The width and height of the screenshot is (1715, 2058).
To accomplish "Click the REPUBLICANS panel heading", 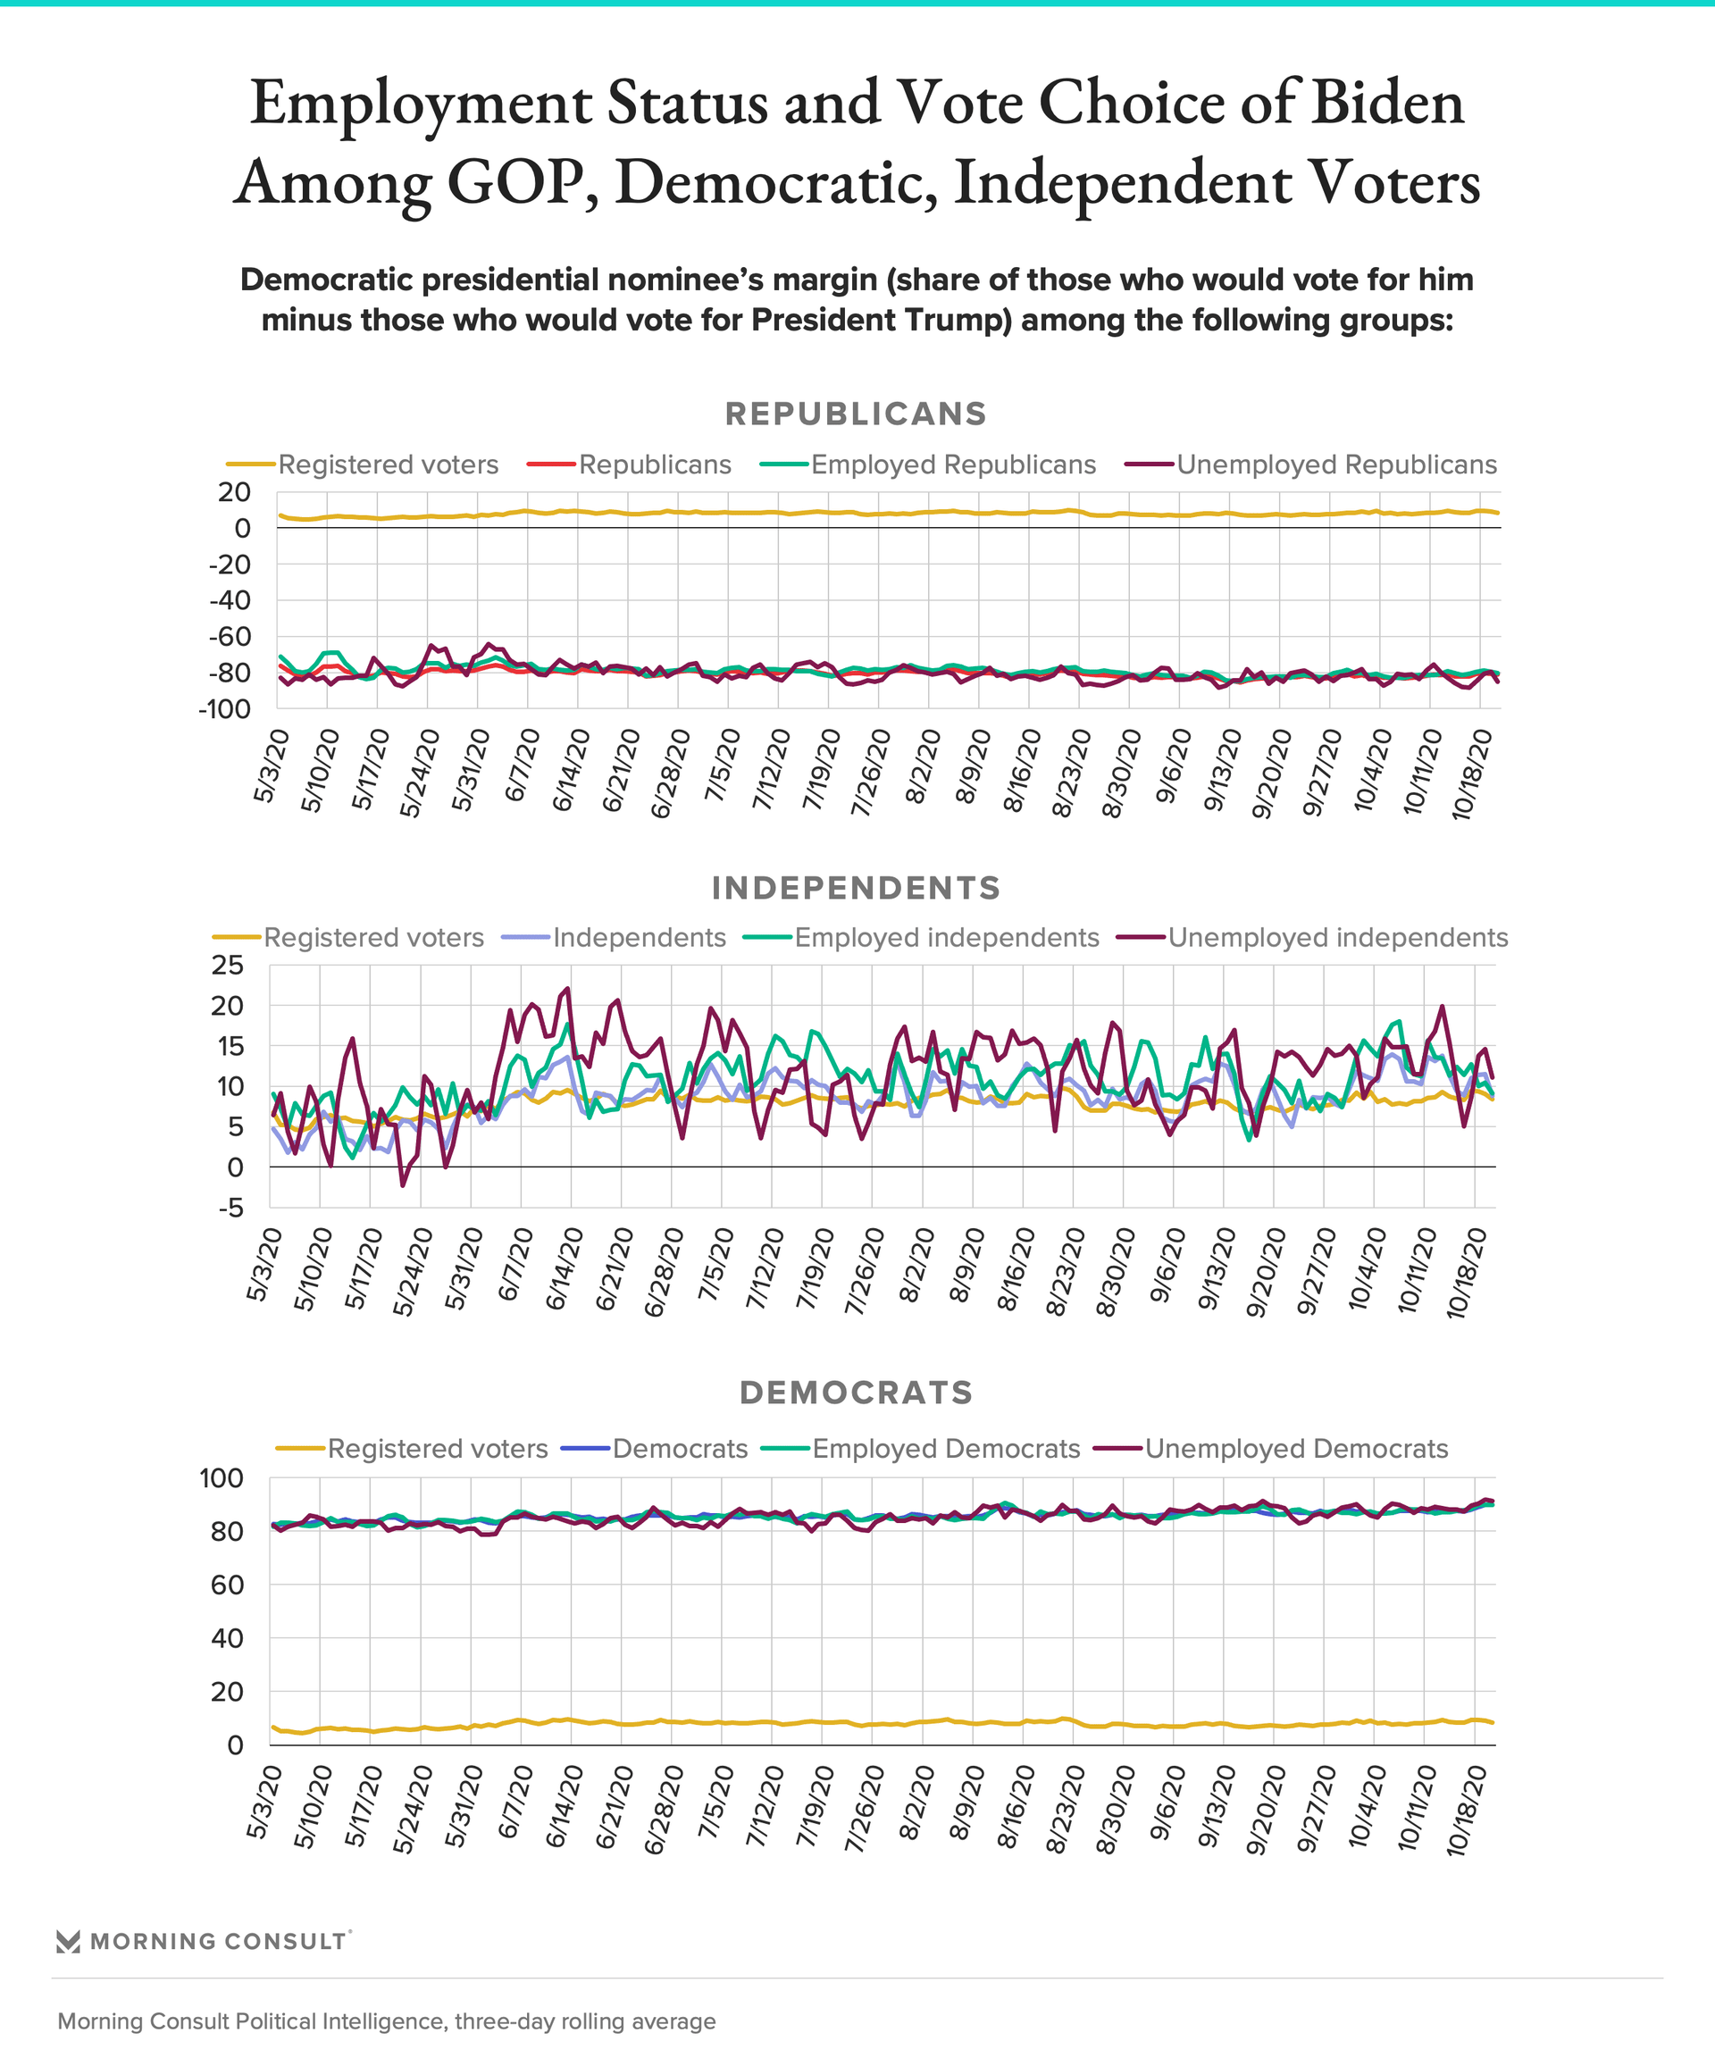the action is [856, 414].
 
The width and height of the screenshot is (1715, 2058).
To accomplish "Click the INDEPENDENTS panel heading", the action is [856, 888].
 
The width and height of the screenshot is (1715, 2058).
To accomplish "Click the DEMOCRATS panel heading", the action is [856, 1393].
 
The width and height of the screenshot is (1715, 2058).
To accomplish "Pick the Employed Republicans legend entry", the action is [928, 464].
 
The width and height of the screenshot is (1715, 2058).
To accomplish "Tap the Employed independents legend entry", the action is [921, 938].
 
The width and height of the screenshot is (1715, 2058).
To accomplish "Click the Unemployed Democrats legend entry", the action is [1271, 1449].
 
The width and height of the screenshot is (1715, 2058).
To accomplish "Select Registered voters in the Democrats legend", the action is [413, 1449].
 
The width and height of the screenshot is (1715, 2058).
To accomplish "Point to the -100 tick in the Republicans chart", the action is [224, 708].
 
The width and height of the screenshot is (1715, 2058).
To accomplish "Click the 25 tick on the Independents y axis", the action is [228, 966].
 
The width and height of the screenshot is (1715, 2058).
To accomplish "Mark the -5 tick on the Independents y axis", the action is [231, 1208].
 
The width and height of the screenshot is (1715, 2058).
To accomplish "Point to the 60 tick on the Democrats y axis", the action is [228, 1585].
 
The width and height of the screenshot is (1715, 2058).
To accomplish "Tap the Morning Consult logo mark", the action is [69, 1941].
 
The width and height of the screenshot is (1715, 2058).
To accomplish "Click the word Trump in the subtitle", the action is [966, 321].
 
